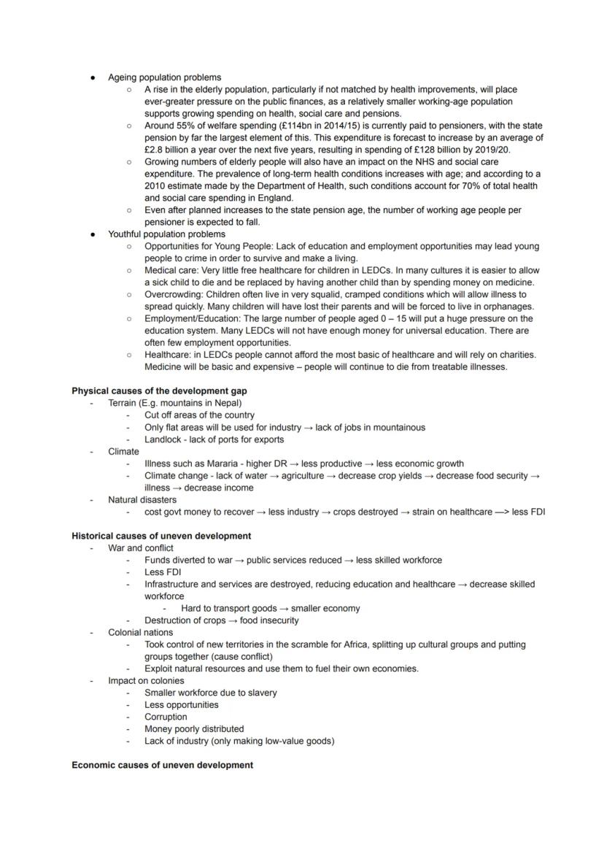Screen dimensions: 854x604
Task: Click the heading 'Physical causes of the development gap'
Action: pos(159,391)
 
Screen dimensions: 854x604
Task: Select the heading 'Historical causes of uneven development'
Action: pos(161,536)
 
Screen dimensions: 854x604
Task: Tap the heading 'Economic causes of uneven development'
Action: pos(162,765)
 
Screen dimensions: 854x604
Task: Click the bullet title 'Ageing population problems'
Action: pos(164,77)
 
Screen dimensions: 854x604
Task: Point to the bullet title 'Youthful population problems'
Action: pos(166,234)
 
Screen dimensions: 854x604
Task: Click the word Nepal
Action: pos(226,403)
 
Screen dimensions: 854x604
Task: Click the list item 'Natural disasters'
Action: pos(142,500)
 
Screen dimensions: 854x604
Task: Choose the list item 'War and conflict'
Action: pos(141,548)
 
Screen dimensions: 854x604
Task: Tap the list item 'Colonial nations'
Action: pos(141,632)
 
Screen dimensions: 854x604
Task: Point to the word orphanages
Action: pos(508,307)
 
